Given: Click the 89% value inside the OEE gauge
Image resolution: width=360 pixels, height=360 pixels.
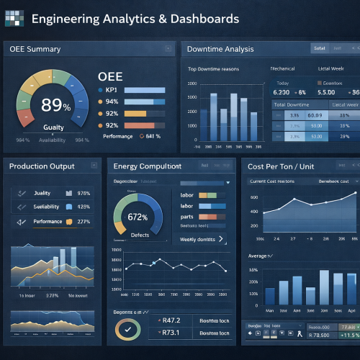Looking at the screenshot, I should pyautogui.click(x=55, y=105).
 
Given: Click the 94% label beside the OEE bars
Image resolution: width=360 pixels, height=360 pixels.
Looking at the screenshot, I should pyautogui.click(x=111, y=102).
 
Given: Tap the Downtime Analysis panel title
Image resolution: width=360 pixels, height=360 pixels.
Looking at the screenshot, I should pyautogui.click(x=220, y=49).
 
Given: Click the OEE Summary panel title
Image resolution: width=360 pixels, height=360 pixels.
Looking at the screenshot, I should pyautogui.click(x=35, y=49).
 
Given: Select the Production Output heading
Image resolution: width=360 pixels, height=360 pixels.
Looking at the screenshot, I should pyautogui.click(x=42, y=166).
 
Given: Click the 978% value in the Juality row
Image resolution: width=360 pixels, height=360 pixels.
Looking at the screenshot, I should pyautogui.click(x=83, y=193).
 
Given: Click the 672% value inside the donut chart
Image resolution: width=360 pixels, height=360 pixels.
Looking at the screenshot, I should pyautogui.click(x=138, y=216).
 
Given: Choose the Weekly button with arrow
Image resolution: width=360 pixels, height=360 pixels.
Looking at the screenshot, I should pyautogui.click(x=201, y=238).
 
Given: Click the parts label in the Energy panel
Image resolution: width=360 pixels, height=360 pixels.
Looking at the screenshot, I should pyautogui.click(x=187, y=216).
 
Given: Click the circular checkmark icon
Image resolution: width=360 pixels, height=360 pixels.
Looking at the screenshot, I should pyautogui.click(x=128, y=329).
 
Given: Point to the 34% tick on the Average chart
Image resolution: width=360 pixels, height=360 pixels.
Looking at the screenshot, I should pyautogui.click(x=253, y=270).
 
